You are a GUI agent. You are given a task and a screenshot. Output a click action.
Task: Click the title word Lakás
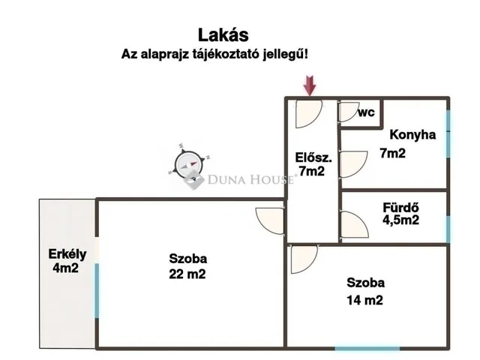223,34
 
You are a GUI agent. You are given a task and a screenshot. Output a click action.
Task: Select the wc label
366,112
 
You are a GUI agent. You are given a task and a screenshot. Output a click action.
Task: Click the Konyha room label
412,136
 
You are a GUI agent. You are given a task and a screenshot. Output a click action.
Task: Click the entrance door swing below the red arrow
308,112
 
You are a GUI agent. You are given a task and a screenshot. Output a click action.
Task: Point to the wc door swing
349,112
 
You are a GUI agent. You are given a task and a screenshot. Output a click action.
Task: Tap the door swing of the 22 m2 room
270,219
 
